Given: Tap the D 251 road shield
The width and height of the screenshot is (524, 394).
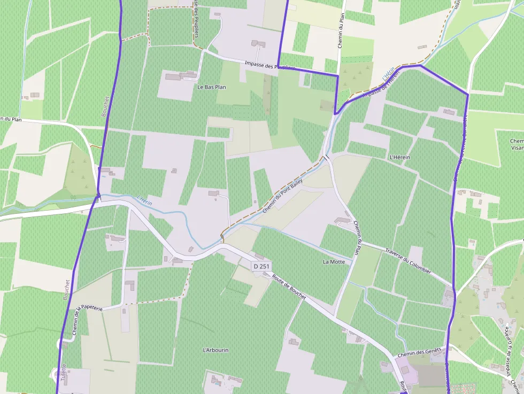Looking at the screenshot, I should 261,266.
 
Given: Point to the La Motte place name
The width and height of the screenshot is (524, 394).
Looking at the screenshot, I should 334,262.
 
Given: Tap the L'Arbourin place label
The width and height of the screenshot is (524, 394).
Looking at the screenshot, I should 215,350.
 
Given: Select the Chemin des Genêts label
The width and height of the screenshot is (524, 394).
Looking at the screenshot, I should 419,352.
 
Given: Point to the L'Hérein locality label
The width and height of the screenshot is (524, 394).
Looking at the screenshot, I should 400,157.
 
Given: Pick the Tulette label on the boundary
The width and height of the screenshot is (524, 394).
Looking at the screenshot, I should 63,372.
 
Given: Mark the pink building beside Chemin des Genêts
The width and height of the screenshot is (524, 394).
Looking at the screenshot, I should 403,369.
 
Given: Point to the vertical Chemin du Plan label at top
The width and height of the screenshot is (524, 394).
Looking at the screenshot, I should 341,30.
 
